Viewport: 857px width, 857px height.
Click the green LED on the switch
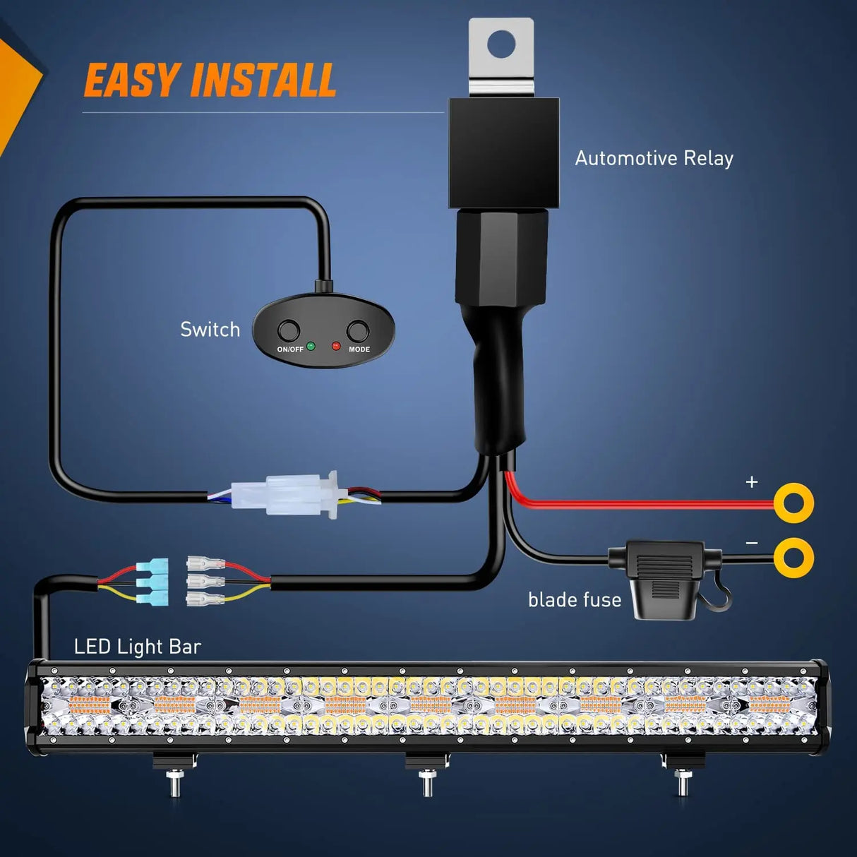(311, 346)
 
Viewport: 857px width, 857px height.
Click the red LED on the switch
(336, 346)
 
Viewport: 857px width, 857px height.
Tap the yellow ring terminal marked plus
(793, 503)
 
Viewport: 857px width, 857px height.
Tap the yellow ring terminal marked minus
(793, 557)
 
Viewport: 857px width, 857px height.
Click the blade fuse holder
(665, 577)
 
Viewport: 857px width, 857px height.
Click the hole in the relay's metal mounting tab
(501, 44)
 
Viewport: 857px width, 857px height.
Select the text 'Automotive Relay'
(654, 158)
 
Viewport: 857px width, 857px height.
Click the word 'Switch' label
(210, 330)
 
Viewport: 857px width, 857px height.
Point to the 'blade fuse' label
(575, 599)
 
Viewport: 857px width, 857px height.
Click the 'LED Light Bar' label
(138, 646)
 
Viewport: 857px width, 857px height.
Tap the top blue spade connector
(152, 567)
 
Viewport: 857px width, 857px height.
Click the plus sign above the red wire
(751, 481)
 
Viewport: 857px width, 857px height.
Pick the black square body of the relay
(504, 152)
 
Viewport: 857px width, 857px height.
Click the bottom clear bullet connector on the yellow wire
(205, 599)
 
